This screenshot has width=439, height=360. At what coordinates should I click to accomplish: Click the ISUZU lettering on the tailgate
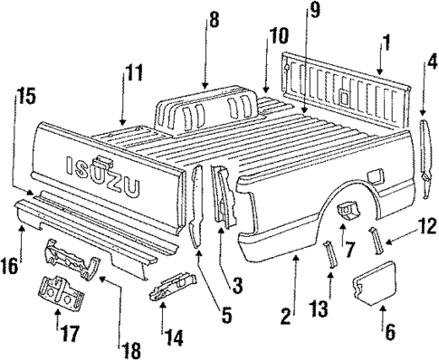(x=102, y=181)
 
